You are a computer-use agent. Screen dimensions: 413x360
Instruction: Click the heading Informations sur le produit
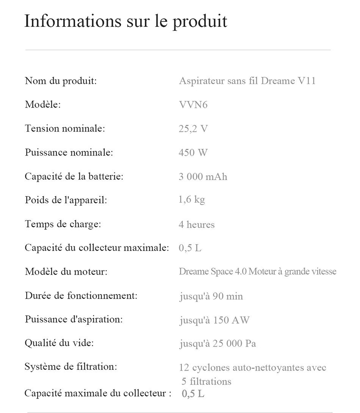(x=125, y=21)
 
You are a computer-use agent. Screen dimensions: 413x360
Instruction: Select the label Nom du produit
(x=61, y=81)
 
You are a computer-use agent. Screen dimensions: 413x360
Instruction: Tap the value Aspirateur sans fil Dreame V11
(x=247, y=81)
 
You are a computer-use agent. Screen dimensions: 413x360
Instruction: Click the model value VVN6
(x=193, y=105)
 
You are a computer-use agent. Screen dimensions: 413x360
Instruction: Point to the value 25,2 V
(x=193, y=129)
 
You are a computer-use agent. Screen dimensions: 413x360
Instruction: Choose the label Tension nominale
(x=65, y=129)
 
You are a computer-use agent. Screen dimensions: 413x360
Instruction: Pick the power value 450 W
(x=193, y=153)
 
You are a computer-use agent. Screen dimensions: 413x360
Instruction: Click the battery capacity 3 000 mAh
(x=203, y=177)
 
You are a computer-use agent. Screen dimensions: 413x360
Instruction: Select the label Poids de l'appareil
(x=66, y=200)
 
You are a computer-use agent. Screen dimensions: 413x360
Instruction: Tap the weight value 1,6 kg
(x=191, y=200)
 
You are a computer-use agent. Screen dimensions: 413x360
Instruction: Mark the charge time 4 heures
(x=196, y=224)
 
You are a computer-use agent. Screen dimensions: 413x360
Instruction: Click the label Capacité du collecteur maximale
(x=97, y=248)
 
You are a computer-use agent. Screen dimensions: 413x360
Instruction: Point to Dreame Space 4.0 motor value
(x=257, y=272)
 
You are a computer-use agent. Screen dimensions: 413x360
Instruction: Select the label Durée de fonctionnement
(x=81, y=296)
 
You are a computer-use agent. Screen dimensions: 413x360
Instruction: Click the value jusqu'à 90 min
(x=211, y=296)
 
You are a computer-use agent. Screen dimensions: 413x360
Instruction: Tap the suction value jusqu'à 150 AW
(x=214, y=320)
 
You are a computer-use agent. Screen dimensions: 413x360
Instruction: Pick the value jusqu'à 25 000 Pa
(x=218, y=344)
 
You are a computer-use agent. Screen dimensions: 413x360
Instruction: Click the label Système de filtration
(x=71, y=367)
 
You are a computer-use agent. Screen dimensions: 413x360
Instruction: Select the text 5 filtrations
(x=206, y=381)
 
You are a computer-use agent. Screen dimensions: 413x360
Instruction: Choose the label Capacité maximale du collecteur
(x=95, y=393)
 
